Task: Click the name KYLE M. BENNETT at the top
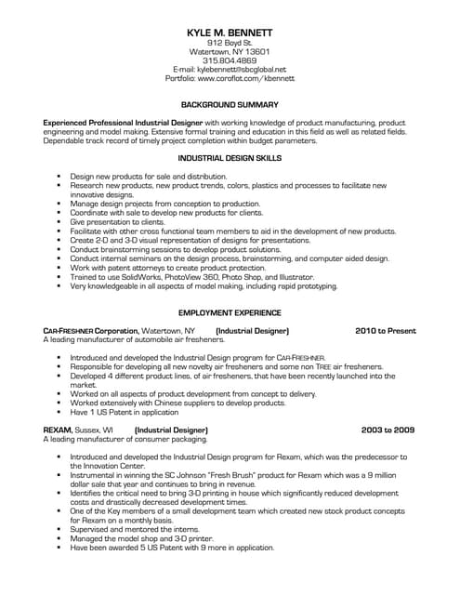tap(230, 33)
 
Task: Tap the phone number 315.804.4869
tap(230, 60)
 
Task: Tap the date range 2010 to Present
tap(385, 330)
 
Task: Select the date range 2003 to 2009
tap(388, 430)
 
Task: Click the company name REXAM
tap(59, 430)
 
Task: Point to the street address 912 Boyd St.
tap(230, 43)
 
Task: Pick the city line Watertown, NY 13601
tap(230, 52)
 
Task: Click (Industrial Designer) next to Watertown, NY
tap(252, 330)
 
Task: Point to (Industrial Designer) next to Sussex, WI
tap(172, 430)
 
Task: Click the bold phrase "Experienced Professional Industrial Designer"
tap(123, 122)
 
